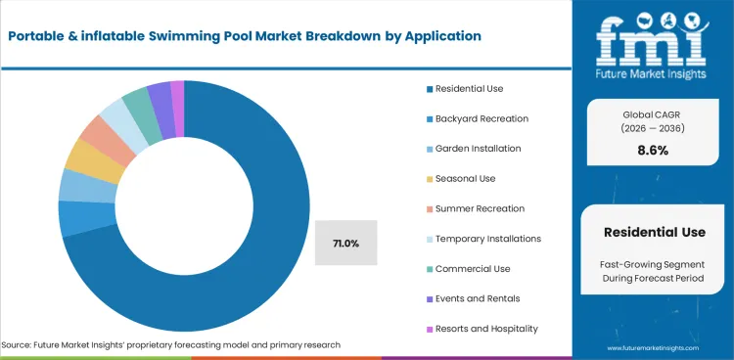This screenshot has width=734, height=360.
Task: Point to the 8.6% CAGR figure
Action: tap(653, 151)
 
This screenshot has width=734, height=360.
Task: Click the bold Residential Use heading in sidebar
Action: tap(653, 233)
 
